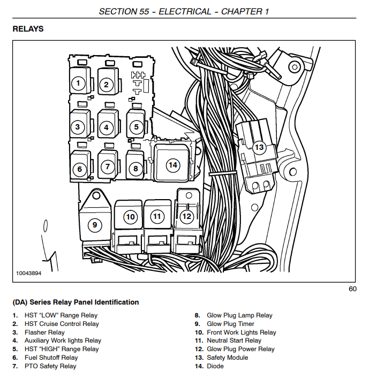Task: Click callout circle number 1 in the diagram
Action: click(78, 83)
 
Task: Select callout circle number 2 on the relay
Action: click(107, 84)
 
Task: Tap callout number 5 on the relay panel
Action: click(137, 127)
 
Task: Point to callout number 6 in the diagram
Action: click(79, 170)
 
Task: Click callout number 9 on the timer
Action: click(95, 225)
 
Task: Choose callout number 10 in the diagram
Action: click(130, 217)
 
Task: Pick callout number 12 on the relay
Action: click(186, 217)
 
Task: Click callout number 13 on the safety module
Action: click(259, 147)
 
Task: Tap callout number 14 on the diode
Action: click(172, 165)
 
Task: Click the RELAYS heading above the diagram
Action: click(28, 29)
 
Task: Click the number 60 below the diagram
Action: click(352, 290)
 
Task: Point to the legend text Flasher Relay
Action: click(44, 332)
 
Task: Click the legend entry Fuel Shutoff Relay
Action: click(51, 358)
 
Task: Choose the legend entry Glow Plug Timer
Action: click(230, 324)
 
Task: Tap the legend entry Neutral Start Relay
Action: click(234, 340)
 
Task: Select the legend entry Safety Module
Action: click(227, 358)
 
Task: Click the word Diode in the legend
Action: click(215, 366)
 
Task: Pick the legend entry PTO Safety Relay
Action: click(50, 366)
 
